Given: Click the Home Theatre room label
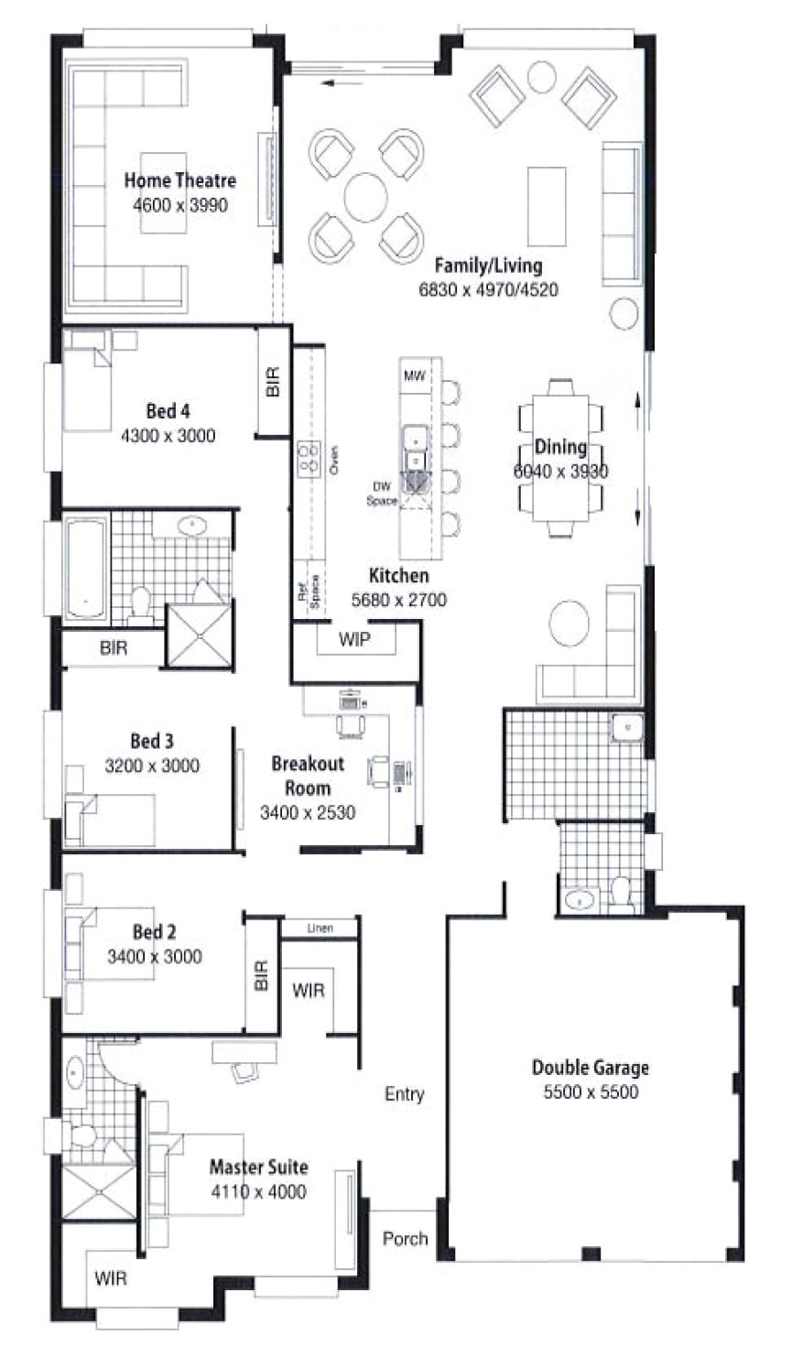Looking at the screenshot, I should pos(179,181).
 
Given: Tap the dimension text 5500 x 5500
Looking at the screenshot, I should pos(591,1092).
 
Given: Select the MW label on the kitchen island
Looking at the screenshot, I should pos(415,375).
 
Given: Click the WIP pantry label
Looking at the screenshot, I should pos(354,639).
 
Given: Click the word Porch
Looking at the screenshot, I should pos(405,1238).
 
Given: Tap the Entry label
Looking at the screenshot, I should pos(404,1094).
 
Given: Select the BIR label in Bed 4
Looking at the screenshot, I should pos(272,382).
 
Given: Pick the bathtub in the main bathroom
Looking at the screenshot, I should pos(85,570).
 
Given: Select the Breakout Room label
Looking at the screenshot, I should pos(308,776).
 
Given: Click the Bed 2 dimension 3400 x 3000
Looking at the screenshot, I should pos(155,957).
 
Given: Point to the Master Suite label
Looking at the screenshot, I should pos(258,1168).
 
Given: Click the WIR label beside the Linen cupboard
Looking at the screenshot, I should pos(308,991).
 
